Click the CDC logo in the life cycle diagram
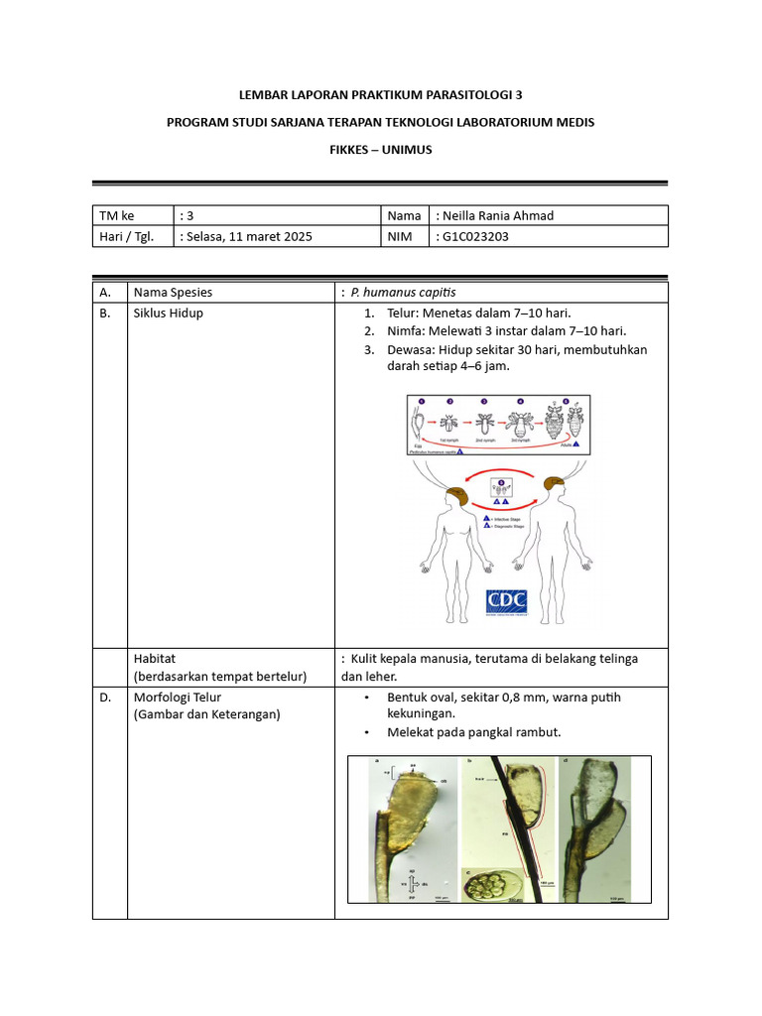tap(506, 602)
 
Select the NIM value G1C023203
tap(478, 236)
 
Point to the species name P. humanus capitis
tap(403, 293)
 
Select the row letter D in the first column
tap(103, 698)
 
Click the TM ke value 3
tap(190, 215)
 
